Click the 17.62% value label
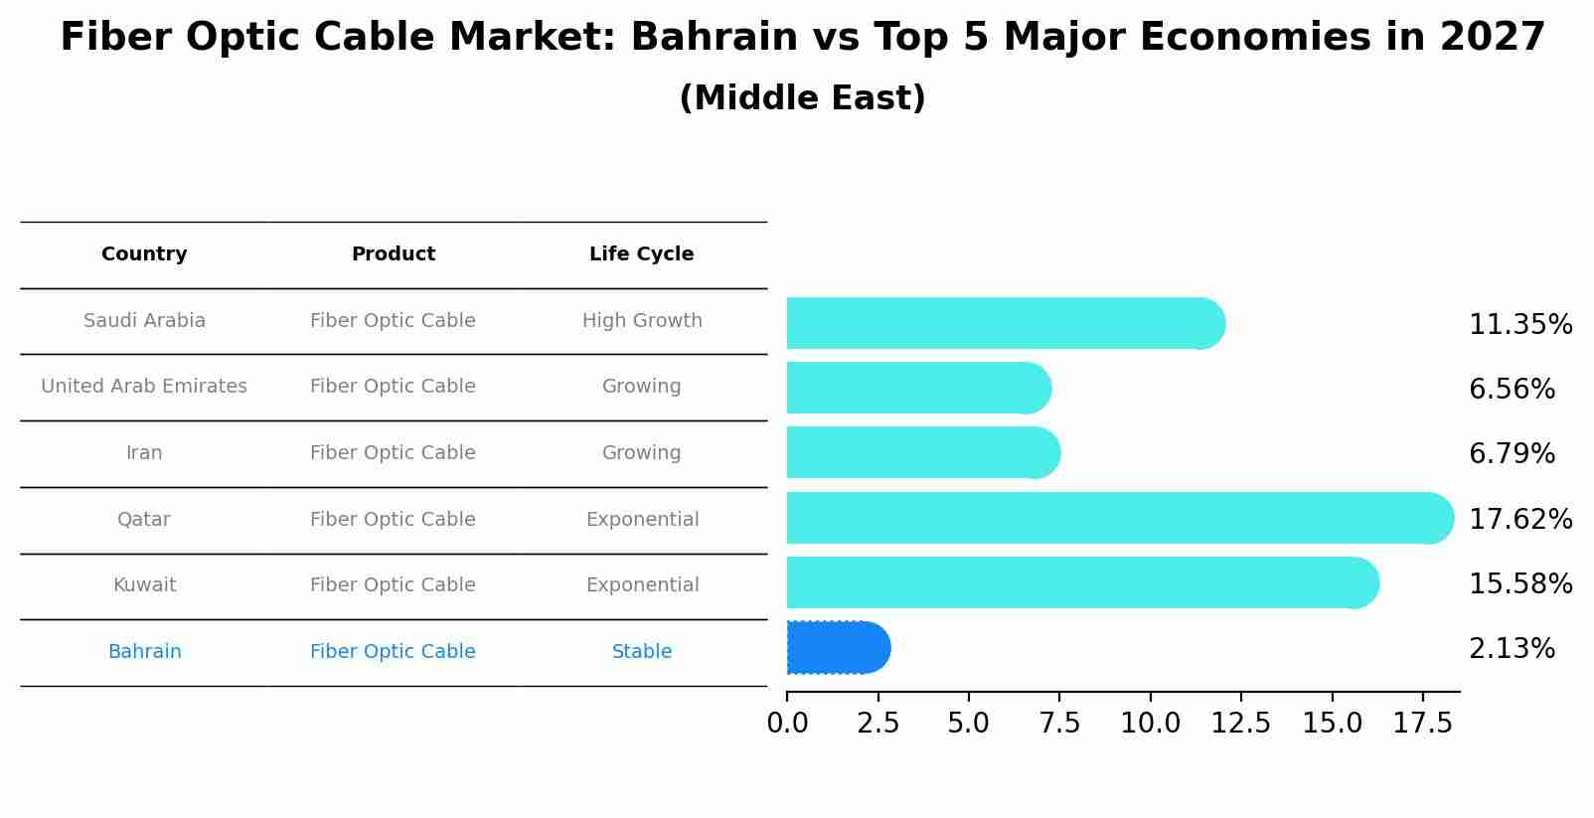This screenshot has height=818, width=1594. point(1519,520)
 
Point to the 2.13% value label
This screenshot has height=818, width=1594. point(1511,649)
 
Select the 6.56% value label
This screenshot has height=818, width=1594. point(1511,390)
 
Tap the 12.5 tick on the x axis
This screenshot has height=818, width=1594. point(1240,724)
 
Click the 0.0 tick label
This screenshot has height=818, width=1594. point(787,724)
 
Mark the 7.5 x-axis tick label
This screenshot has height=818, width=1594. point(1059,724)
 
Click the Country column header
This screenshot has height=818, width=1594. point(144,254)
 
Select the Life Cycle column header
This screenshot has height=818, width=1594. point(641,254)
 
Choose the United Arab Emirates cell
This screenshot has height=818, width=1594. point(144,387)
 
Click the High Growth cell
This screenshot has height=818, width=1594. point(642,321)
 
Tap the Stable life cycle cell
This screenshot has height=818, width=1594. point(642,652)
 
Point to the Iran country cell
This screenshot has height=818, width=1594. point(144,453)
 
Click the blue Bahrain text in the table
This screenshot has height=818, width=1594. point(144,652)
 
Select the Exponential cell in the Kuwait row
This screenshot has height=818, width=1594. point(642,585)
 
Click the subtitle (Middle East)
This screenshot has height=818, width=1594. point(802,98)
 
